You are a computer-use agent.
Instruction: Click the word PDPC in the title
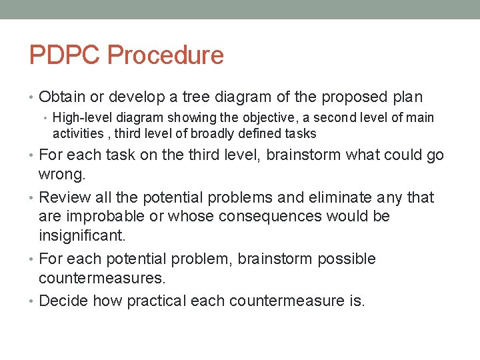pyautogui.click(x=65, y=55)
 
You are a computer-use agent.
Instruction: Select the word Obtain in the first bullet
pyautogui.click(x=62, y=97)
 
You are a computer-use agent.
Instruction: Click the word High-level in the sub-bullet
pyautogui.click(x=83, y=118)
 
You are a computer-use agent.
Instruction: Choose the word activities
pyautogui.click(x=78, y=134)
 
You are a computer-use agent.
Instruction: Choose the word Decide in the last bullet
pyautogui.click(x=64, y=301)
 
